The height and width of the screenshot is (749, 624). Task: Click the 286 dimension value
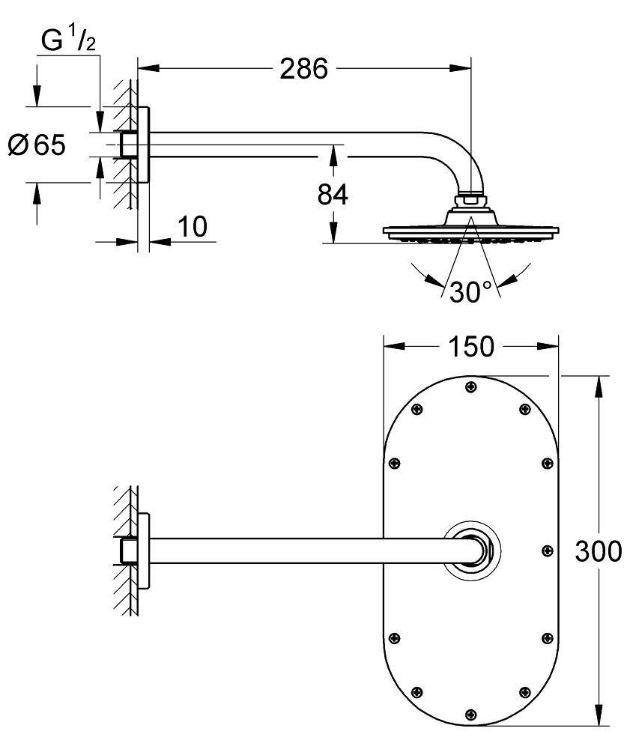coord(304,69)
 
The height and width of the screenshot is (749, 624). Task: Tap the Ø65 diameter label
coord(37,144)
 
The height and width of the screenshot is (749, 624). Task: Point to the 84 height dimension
coord(333,195)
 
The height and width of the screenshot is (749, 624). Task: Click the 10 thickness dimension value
coord(193,227)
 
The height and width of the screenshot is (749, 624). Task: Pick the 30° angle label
coord(470,292)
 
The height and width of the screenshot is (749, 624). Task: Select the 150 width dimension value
coord(473,347)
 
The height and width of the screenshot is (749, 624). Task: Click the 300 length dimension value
coord(597,551)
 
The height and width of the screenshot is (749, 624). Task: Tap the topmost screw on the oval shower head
coord(470,386)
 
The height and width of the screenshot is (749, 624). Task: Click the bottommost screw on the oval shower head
coord(470,713)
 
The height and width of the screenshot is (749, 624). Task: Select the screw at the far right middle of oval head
coord(546,551)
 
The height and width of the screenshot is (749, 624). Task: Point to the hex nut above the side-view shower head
coord(470,200)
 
